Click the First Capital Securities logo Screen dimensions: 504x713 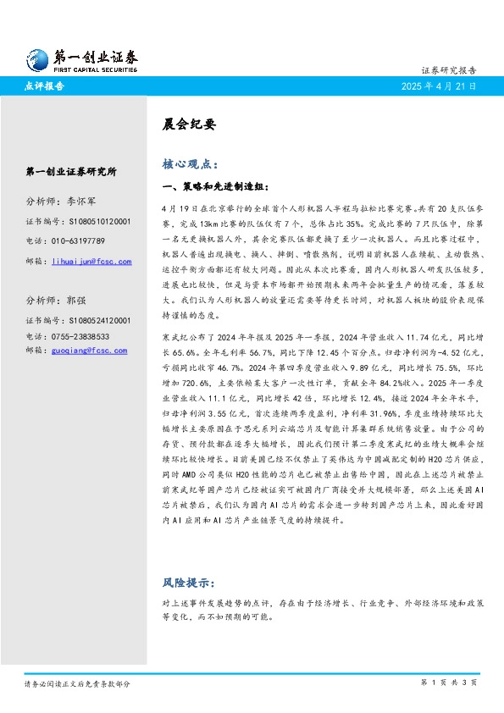[x=80, y=58]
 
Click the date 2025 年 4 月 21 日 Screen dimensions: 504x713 [x=440, y=86]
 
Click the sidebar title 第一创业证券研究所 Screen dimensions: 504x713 [x=71, y=172]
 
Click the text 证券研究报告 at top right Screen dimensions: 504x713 [x=449, y=70]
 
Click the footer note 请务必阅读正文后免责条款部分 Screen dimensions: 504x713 [x=77, y=683]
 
